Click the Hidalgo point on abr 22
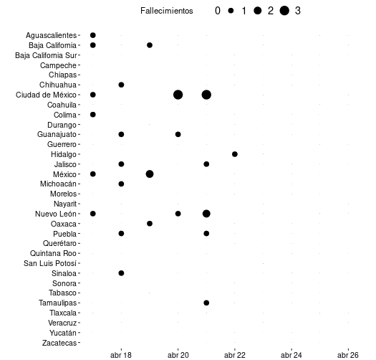pos(235,154)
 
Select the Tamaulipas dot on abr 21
pos(206,303)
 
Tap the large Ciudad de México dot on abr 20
pos(178,95)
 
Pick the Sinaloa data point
pos(121,273)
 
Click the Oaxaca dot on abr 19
pos(150,224)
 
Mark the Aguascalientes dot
pos(93,35)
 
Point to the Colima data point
pos(93,115)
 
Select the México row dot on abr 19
pos(150,174)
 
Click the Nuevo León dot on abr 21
pos(206,214)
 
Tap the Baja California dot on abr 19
pos(150,45)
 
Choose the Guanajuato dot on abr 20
pos(178,134)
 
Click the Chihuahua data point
pos(121,85)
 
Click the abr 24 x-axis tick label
pos(291,355)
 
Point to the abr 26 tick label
pos(348,355)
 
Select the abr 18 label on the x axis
pos(121,355)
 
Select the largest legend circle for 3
pos(284,11)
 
